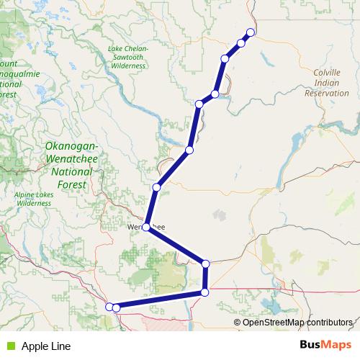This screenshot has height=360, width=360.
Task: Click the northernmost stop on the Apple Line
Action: pyautogui.click(x=251, y=32)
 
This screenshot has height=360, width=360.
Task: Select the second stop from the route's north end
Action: pyautogui.click(x=241, y=43)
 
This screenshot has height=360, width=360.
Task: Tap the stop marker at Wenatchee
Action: pyautogui.click(x=146, y=227)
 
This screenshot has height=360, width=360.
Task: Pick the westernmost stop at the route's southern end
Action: pyautogui.click(x=109, y=307)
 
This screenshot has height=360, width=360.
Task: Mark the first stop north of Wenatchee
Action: pyautogui.click(x=156, y=188)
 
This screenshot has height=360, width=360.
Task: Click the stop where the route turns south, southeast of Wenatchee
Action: pyautogui.click(x=206, y=264)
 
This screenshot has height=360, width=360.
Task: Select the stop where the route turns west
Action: pyautogui.click(x=205, y=292)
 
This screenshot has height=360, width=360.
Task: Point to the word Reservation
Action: pyautogui.click(x=327, y=93)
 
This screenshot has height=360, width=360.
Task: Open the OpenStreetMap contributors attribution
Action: pyautogui.click(x=297, y=322)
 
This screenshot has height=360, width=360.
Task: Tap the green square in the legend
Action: pyautogui.click(x=10, y=346)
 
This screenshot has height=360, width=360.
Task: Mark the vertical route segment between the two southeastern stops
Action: pyautogui.click(x=206, y=278)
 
